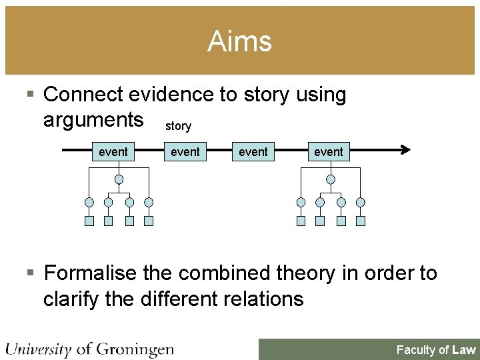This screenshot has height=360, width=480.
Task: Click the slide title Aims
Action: [239, 41]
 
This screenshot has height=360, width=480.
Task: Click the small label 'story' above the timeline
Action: [178, 126]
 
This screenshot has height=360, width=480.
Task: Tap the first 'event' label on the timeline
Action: [113, 152]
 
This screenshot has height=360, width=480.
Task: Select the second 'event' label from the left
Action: [185, 152]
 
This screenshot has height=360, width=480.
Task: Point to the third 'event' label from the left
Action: [253, 152]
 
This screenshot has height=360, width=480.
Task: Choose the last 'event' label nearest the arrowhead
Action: [329, 152]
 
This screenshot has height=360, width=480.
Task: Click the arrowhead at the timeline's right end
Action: [405, 151]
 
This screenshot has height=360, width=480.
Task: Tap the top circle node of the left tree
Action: [119, 179]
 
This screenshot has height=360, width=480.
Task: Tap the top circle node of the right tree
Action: [331, 179]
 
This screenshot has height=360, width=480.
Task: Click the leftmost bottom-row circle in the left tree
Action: [89, 202]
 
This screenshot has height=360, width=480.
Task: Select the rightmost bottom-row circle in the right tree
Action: [361, 202]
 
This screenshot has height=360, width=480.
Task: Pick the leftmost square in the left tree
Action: [89, 221]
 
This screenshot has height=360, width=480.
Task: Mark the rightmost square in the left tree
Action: [149, 221]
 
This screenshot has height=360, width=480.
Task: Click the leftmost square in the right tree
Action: [301, 221]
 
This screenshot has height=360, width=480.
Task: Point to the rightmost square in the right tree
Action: [361, 221]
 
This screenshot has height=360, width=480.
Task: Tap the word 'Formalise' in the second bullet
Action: [93, 273]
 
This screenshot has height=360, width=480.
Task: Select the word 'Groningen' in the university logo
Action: [135, 349]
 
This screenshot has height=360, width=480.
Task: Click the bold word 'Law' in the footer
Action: [463, 350]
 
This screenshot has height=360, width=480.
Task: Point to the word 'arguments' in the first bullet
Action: [93, 120]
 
